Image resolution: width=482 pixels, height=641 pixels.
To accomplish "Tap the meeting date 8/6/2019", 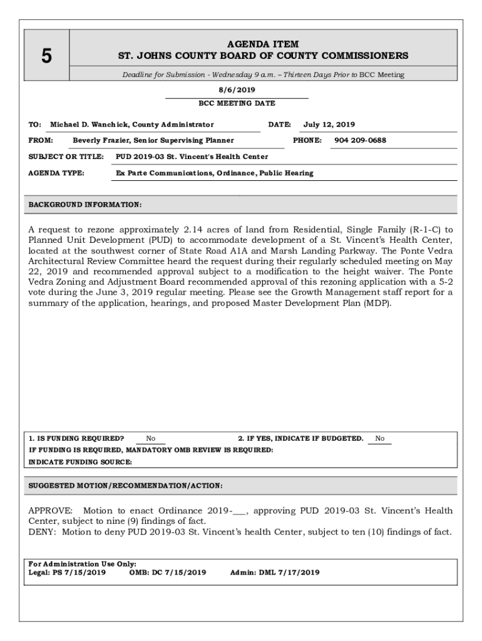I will [x=237, y=90].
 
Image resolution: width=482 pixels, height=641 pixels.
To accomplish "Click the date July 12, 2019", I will [x=329, y=125].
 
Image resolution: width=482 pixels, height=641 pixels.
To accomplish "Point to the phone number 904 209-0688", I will [x=360, y=140].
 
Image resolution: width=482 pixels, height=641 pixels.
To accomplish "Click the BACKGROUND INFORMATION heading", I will [x=85, y=205].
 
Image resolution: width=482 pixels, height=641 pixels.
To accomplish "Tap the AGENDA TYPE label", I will [x=56, y=173].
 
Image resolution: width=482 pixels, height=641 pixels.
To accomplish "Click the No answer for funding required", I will [x=151, y=439].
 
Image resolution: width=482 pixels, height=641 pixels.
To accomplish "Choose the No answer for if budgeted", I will [x=380, y=439].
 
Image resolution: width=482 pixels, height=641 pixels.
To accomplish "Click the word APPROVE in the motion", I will [x=51, y=511].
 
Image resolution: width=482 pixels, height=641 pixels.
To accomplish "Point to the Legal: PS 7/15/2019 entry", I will [x=67, y=572].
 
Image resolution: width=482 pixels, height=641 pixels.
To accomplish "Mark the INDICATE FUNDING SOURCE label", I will [x=81, y=462].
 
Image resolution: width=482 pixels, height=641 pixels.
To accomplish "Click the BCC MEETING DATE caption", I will [x=237, y=103].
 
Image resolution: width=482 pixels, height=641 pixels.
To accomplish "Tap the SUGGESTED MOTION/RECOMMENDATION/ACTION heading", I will [x=126, y=486].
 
